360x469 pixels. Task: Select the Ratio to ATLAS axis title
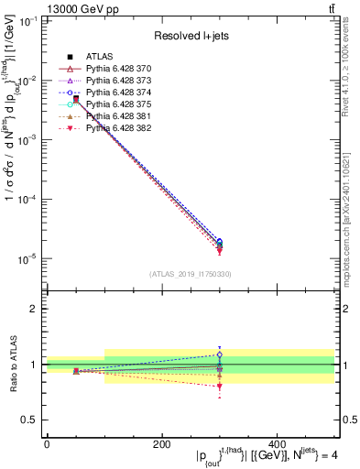pyautogui.click(x=12, y=365)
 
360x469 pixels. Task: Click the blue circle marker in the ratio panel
pyautogui.click(x=277, y=354)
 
